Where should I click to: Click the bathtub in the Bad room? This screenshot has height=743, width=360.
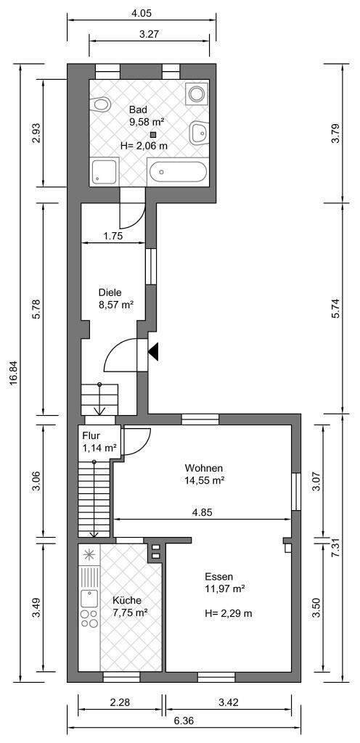(178, 173)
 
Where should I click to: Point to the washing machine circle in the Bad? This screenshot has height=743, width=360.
(196, 94)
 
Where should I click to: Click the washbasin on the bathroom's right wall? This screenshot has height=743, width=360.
(198, 134)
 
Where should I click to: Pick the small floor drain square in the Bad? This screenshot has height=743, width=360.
(152, 134)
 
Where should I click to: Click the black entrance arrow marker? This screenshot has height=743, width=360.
(153, 352)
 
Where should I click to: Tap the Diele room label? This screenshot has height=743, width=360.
(110, 292)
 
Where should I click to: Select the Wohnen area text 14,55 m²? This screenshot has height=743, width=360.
(204, 480)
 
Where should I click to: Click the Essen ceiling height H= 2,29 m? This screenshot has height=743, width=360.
(229, 613)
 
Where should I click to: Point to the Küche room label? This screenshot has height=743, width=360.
(126, 600)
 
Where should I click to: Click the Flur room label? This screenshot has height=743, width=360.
(91, 435)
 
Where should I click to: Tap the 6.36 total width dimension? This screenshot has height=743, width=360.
(184, 722)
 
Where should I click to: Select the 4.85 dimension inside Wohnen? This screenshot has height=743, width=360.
(202, 512)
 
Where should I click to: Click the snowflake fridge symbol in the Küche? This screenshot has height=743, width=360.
(89, 555)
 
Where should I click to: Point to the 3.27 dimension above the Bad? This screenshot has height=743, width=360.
(149, 34)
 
